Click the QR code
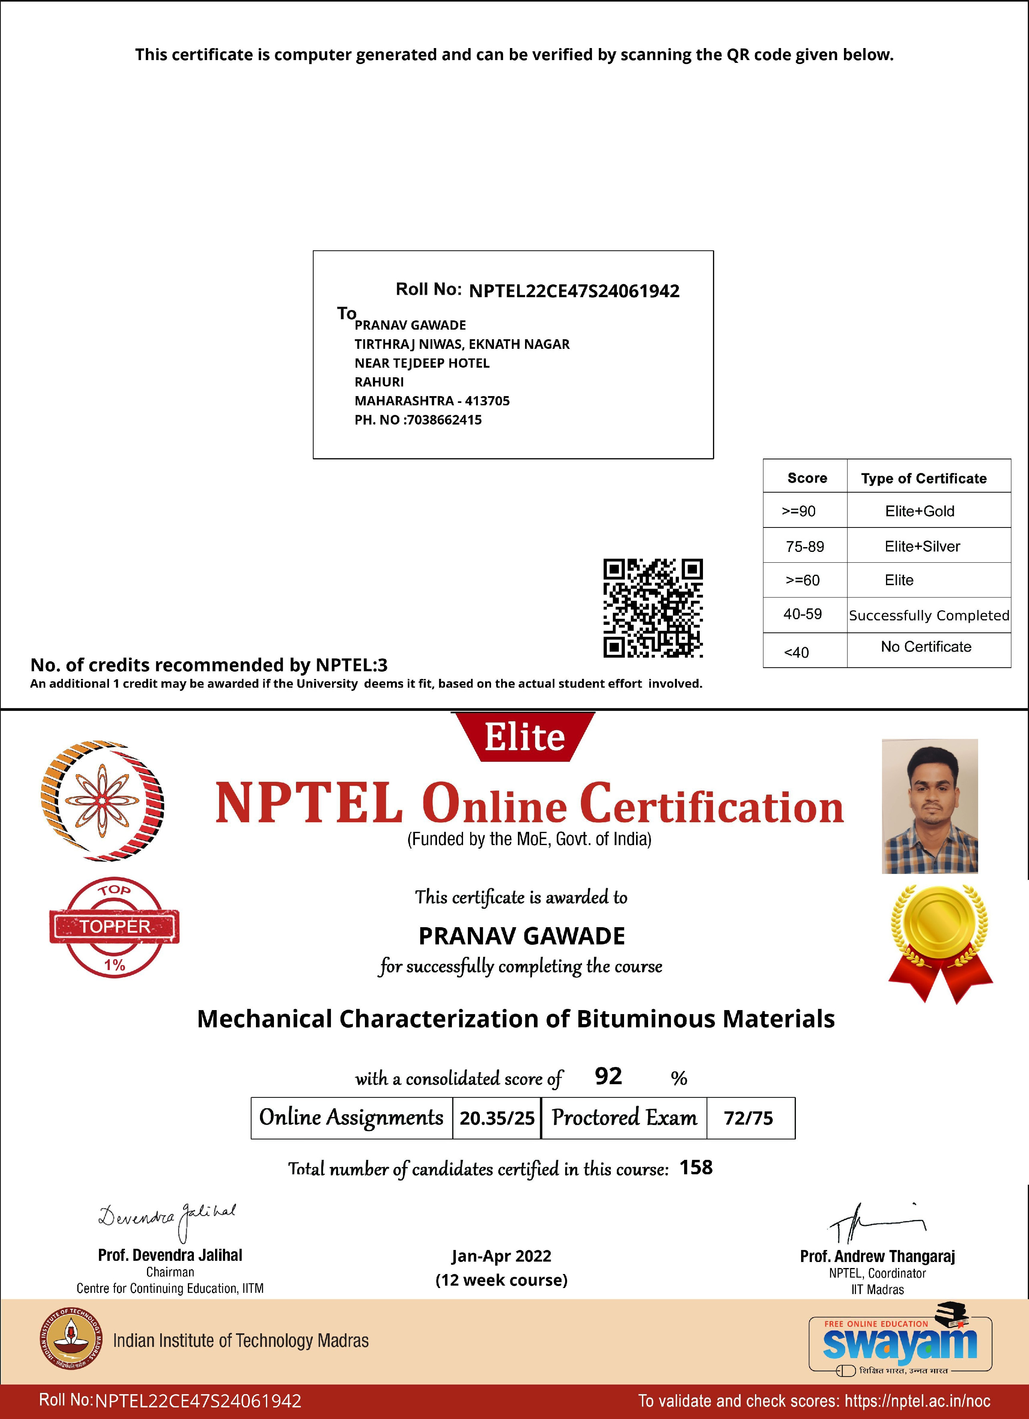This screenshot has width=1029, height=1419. tap(652, 608)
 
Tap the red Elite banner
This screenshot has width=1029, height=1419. tap(524, 737)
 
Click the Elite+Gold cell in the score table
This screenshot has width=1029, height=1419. tap(920, 511)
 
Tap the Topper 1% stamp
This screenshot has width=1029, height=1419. tap(115, 927)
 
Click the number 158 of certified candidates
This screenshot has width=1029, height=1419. tap(696, 1167)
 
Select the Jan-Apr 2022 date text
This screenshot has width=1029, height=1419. tap(501, 1256)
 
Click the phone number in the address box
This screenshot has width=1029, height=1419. tap(444, 420)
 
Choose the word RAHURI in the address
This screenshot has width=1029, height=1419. tap(379, 382)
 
